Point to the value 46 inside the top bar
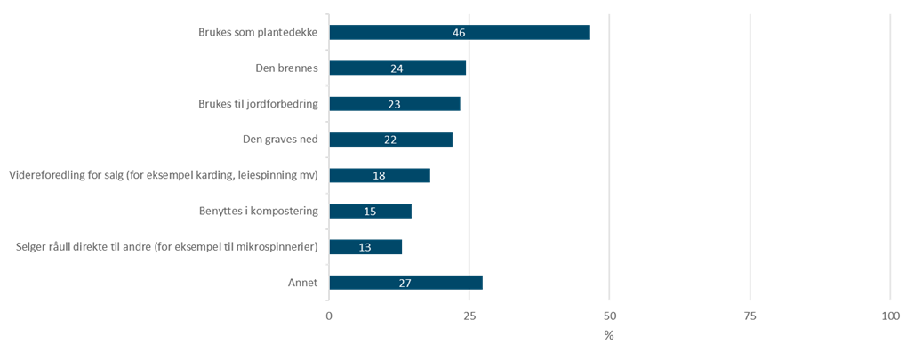click(x=458, y=33)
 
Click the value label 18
click(x=379, y=176)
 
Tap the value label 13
click(x=365, y=247)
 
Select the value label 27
click(x=405, y=283)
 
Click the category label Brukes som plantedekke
click(x=258, y=33)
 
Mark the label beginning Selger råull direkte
click(x=168, y=247)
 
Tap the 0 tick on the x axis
click(x=329, y=316)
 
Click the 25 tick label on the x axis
click(x=469, y=316)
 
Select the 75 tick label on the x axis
click(x=750, y=316)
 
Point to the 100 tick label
click(x=890, y=316)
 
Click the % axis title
click(x=609, y=336)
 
